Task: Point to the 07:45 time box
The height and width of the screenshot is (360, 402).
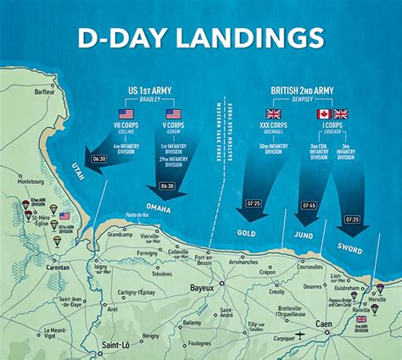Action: tap(308, 206)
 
